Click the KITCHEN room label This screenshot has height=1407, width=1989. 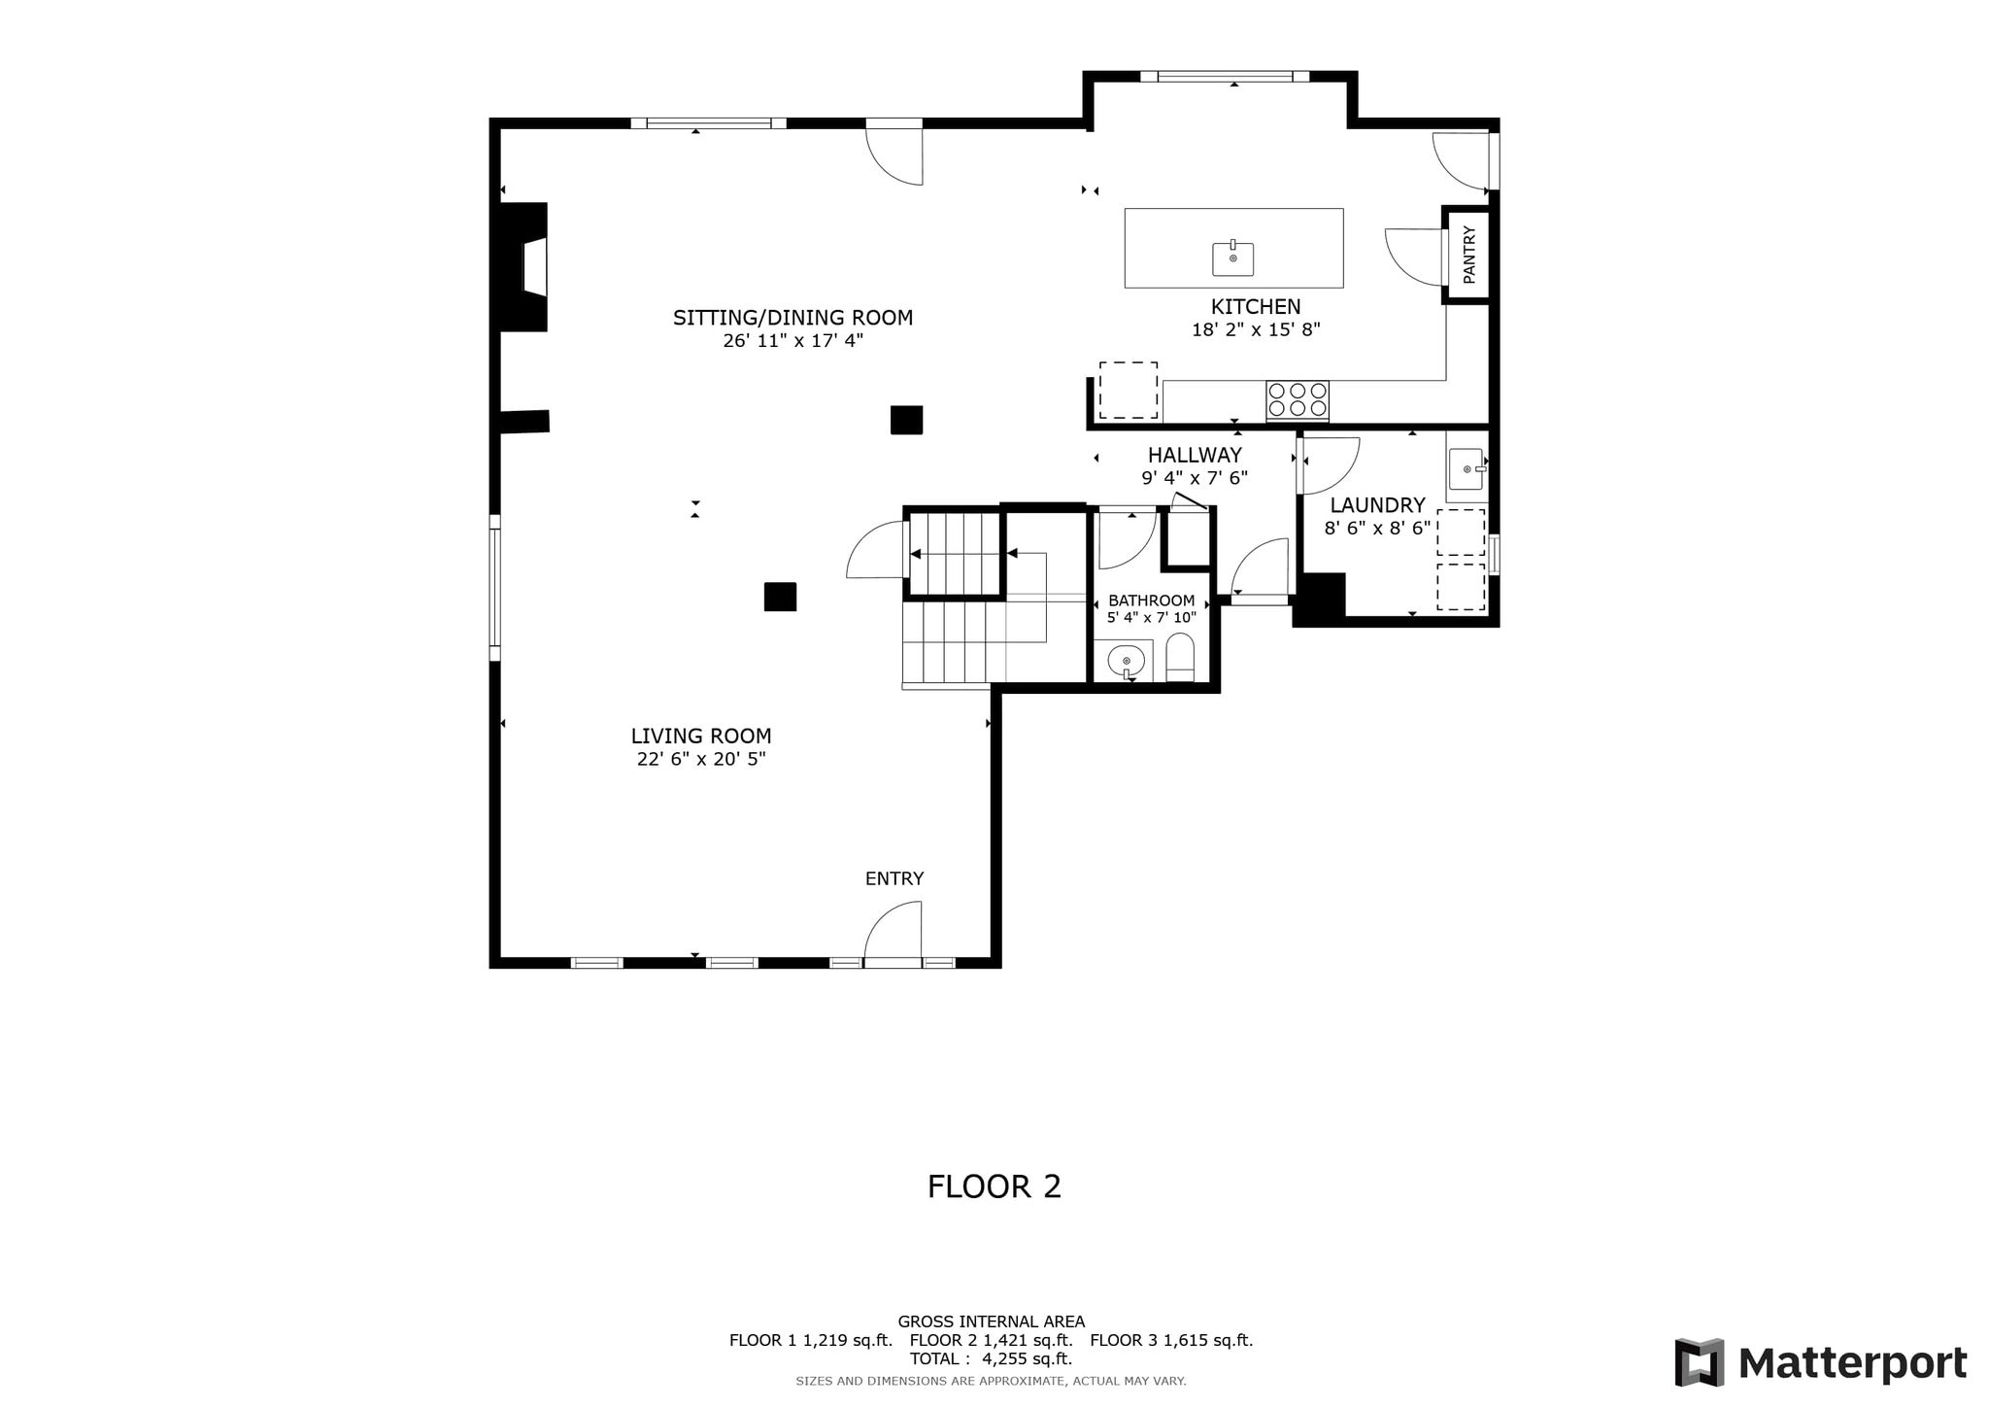click(1256, 307)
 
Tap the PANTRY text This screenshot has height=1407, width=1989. click(1468, 255)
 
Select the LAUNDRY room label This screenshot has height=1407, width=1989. click(1377, 505)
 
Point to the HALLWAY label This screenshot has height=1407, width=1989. click(1195, 455)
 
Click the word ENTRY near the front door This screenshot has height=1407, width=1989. click(894, 878)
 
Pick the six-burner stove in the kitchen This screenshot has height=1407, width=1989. click(1298, 400)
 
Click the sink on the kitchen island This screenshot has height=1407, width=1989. click(1232, 258)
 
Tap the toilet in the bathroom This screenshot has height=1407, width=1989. click(1179, 658)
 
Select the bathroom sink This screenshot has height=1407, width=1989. click(1127, 661)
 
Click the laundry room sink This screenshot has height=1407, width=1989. click(1466, 469)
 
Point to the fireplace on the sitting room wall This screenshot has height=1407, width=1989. click(524, 267)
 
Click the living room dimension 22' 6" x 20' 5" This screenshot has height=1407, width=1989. click(701, 760)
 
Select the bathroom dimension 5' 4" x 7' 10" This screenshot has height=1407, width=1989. click(1152, 617)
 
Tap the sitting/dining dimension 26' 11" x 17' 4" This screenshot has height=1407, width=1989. click(792, 341)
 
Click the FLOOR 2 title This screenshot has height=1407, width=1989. click(994, 1186)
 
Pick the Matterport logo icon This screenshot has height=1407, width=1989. click(1699, 1362)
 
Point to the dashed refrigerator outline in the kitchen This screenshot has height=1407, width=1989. click(1129, 391)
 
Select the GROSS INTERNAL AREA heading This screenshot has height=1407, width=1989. click(991, 1321)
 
